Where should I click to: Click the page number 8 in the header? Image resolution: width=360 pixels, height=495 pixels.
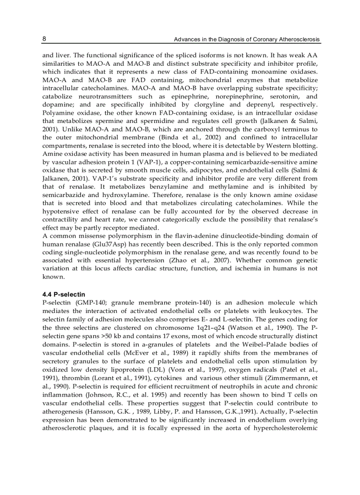[x=44, y=39]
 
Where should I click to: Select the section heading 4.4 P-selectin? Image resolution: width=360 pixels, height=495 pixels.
[x=64, y=294]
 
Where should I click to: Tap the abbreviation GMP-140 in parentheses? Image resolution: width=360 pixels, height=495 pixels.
[x=92, y=302]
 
